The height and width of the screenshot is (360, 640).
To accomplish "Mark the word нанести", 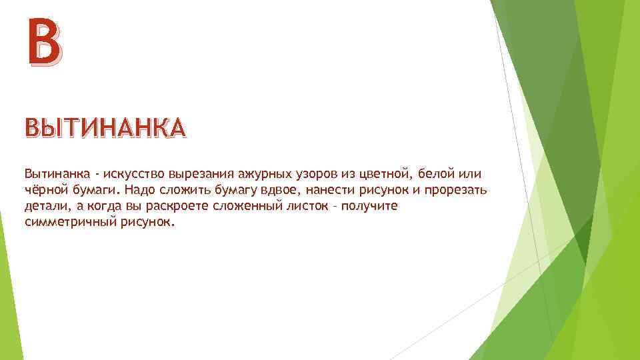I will click(329, 191).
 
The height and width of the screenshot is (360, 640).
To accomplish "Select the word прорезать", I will click(457, 191).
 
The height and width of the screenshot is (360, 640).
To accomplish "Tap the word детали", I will click(44, 207).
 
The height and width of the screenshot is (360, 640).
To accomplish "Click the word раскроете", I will click(167, 207).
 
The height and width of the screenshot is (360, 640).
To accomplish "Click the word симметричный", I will click(67, 223).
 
